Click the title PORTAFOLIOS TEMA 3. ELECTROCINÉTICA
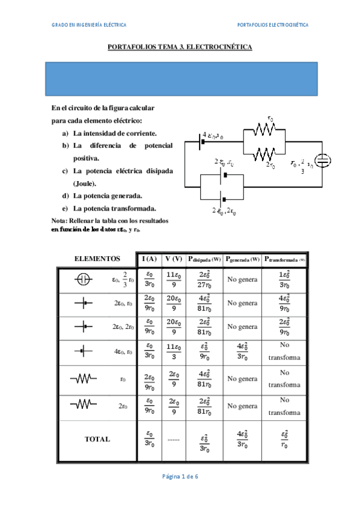tap(179, 46)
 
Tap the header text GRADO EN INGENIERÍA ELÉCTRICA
tap(89, 25)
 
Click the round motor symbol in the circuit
tap(323, 161)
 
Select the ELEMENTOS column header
tap(97, 259)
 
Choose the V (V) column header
tap(174, 259)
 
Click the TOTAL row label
tap(97, 439)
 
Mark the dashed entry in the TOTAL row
tap(174, 440)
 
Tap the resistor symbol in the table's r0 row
tap(84, 378)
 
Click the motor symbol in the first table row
tap(84, 279)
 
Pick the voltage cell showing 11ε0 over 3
tap(174, 353)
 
